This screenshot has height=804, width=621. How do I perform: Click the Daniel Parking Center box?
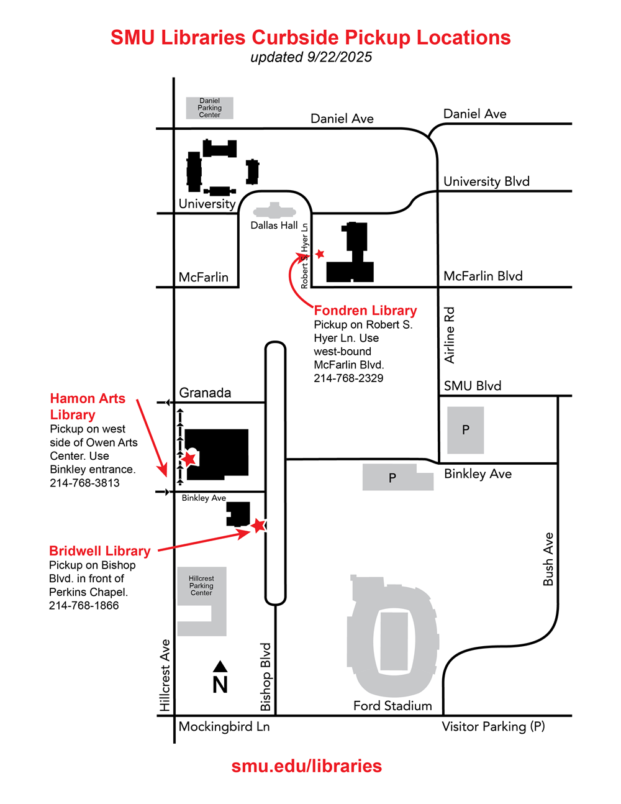point(210,108)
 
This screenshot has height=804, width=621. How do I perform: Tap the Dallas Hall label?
point(274,226)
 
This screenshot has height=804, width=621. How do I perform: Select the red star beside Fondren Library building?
point(320,254)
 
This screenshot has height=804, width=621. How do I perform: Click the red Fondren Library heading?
point(365,311)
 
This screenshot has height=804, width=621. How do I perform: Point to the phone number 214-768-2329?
point(348,378)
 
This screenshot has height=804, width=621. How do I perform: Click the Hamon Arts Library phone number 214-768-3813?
point(84,483)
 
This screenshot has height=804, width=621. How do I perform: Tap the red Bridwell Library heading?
point(100,551)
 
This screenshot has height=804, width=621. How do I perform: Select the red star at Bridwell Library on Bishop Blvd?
point(258,526)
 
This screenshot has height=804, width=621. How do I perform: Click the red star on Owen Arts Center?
point(189,459)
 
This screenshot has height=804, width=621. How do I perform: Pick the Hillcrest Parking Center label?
point(201,586)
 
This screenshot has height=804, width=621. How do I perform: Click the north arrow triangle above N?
point(220,667)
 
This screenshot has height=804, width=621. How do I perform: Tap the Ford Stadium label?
point(392,706)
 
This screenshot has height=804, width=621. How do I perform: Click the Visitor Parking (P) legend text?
point(493,726)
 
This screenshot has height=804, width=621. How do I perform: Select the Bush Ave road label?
point(548,559)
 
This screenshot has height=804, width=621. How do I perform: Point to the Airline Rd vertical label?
point(450,335)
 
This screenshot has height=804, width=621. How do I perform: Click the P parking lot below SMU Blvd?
point(465,430)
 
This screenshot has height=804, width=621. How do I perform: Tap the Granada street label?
point(205,393)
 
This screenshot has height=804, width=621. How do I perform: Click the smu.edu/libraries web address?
point(307,766)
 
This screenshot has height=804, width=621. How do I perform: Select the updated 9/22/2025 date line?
point(311,57)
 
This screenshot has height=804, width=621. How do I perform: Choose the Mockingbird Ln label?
point(224,726)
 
